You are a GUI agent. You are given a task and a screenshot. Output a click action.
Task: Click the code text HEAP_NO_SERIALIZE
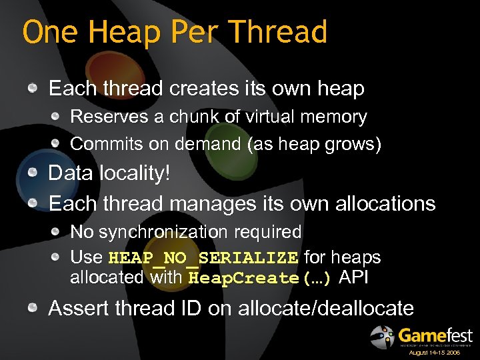[203, 258]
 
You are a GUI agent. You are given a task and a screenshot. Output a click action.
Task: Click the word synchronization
[167, 232]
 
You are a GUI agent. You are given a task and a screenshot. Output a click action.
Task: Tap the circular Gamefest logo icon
[383, 337]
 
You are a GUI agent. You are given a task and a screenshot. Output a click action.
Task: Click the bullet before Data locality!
[33, 173]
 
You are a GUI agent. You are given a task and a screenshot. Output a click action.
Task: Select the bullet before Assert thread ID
[33, 308]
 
